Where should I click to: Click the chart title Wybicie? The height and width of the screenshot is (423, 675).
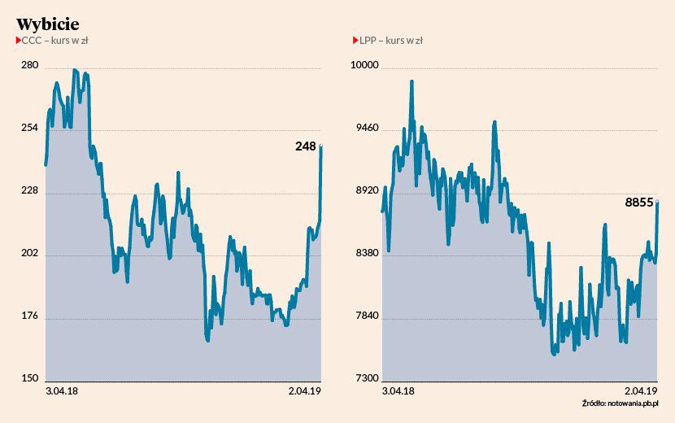[47, 23]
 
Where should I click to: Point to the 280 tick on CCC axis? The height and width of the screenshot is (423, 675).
[29, 65]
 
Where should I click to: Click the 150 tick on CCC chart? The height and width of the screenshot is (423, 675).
[29, 378]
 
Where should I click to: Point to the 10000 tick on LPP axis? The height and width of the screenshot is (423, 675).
[365, 65]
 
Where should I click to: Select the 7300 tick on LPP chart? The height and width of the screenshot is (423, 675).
[365, 378]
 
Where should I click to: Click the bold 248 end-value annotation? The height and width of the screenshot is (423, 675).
[305, 146]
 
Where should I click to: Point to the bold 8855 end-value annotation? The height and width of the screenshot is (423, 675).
[639, 203]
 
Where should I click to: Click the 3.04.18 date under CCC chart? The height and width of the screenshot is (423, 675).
[61, 391]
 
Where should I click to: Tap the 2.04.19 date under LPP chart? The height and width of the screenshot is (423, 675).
[642, 391]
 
